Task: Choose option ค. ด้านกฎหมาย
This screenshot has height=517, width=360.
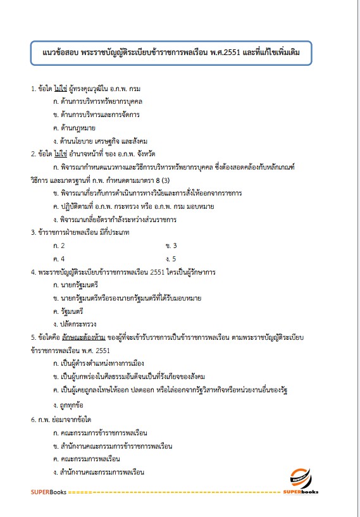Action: coord(78,128)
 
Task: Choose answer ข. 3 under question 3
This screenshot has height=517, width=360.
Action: coord(170,246)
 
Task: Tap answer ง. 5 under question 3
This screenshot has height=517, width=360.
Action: coord(170,258)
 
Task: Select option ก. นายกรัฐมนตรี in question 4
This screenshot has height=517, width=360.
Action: coord(76,285)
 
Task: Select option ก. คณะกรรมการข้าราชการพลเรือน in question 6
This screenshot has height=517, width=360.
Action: coord(101,433)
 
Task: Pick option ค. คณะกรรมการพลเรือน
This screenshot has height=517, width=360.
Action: coord(87,459)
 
